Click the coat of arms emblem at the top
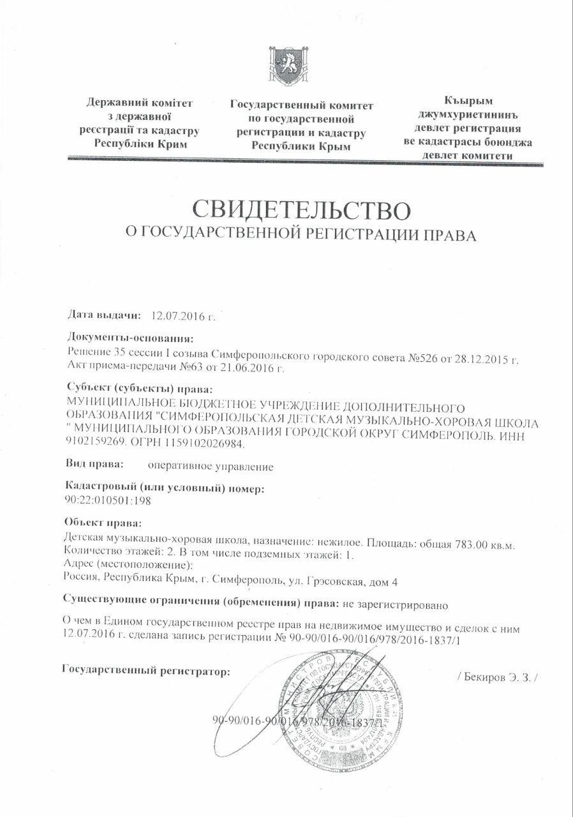pos(288,66)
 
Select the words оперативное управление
pos(210,467)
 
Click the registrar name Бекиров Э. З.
pos(498,676)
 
